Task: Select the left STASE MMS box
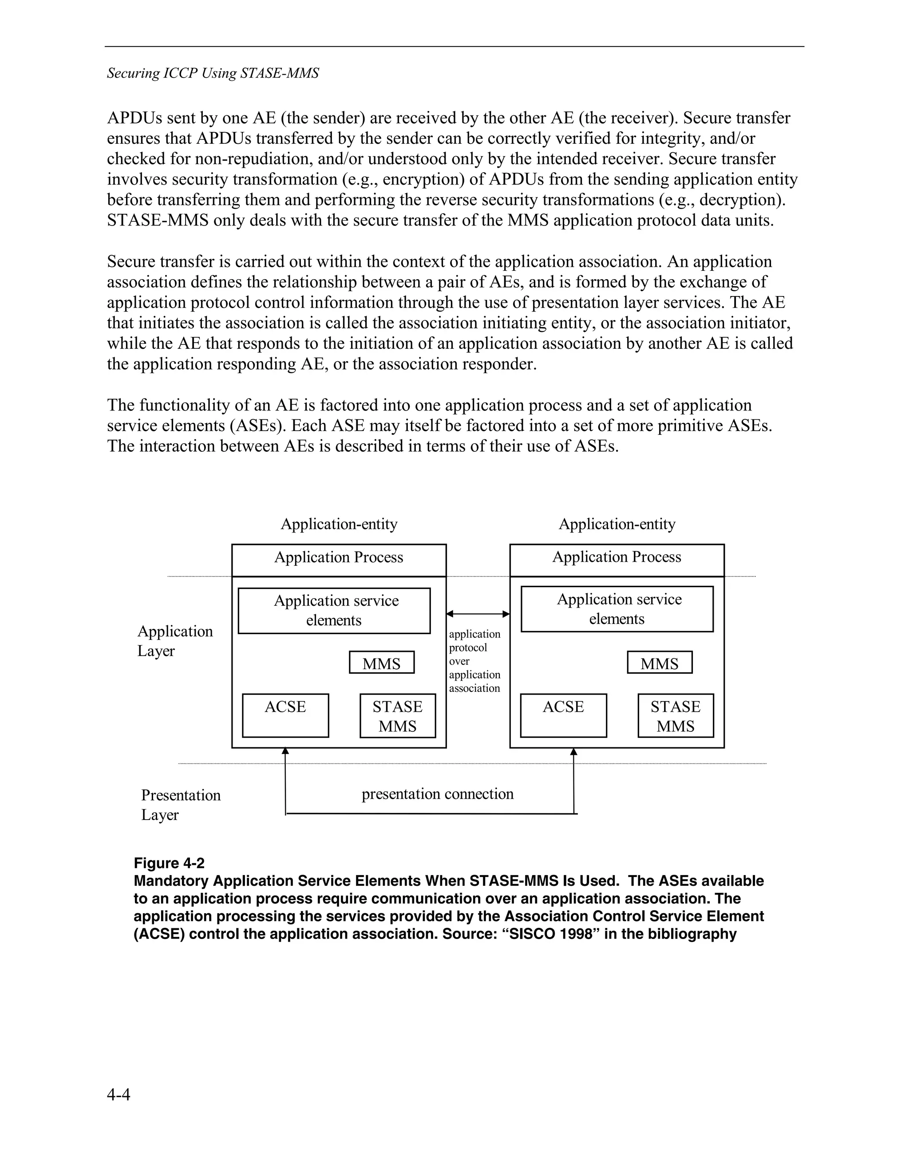click(x=397, y=716)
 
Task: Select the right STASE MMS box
click(x=675, y=716)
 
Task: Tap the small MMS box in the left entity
click(x=381, y=663)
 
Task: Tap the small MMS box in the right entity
click(x=659, y=663)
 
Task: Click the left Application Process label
click(x=339, y=557)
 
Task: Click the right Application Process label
click(x=617, y=557)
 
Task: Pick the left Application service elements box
click(x=334, y=611)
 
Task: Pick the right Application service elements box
click(x=617, y=609)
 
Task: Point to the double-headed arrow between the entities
click(x=478, y=614)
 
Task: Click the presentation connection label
click(x=437, y=794)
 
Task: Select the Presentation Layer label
click(x=180, y=805)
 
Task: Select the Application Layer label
click(x=174, y=641)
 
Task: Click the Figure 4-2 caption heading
click(x=169, y=863)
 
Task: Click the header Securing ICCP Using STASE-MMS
click(x=213, y=73)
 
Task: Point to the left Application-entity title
click(x=339, y=524)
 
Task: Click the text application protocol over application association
click(x=474, y=661)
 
